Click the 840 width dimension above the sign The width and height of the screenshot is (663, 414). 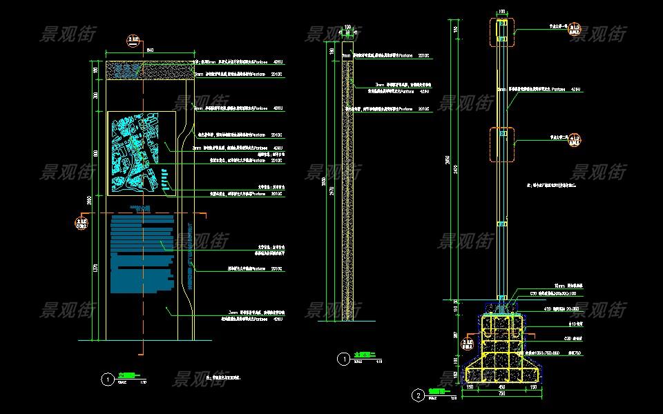tap(149, 49)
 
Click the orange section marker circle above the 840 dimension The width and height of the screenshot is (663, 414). tap(133, 41)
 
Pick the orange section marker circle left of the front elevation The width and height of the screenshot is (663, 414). tap(81, 223)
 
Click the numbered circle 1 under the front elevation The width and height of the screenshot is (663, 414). tap(106, 379)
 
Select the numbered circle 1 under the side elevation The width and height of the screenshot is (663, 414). tap(343, 359)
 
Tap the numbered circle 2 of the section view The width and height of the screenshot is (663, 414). tap(418, 395)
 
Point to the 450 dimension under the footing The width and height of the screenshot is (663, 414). tap(502, 387)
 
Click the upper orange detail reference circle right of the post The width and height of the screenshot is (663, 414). tap(575, 30)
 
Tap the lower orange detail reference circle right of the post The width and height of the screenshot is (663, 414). tap(575, 141)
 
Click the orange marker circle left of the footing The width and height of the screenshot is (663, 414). tap(468, 343)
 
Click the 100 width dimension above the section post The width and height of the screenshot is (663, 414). tap(502, 12)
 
